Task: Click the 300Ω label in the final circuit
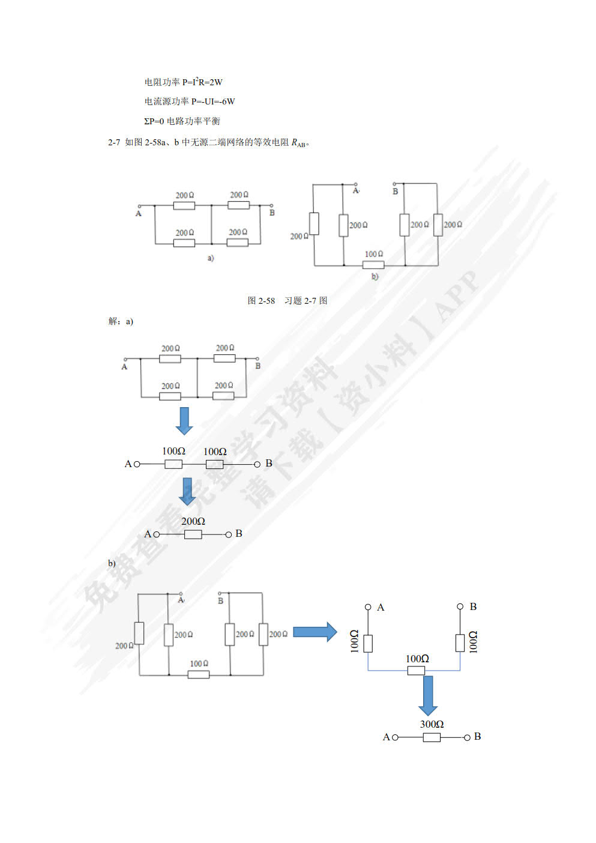pyautogui.click(x=432, y=724)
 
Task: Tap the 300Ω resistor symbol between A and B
pyautogui.click(x=432, y=737)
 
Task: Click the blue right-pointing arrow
pyautogui.click(x=315, y=632)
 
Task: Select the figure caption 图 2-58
pyautogui.click(x=261, y=301)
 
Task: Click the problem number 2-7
pyautogui.click(x=114, y=142)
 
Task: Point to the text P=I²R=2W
pyautogui.click(x=202, y=82)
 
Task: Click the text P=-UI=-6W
pyautogui.click(x=213, y=101)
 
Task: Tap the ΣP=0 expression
pyautogui.click(x=154, y=121)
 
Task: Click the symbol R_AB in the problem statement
pyautogui.click(x=299, y=143)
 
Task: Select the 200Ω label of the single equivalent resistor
pyautogui.click(x=193, y=521)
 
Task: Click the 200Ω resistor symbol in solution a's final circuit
pyautogui.click(x=193, y=534)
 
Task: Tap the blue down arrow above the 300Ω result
pyautogui.click(x=427, y=695)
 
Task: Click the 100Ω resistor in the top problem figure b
pyautogui.click(x=373, y=265)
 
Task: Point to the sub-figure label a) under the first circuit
pyautogui.click(x=211, y=258)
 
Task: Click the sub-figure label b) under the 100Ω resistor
pyautogui.click(x=375, y=277)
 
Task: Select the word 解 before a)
pyautogui.click(x=113, y=321)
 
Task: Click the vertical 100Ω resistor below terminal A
pyautogui.click(x=368, y=643)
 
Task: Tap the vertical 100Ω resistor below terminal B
pyautogui.click(x=460, y=643)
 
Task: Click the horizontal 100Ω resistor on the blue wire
pyautogui.click(x=416, y=670)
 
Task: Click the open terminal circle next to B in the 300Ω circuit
pyautogui.click(x=467, y=737)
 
